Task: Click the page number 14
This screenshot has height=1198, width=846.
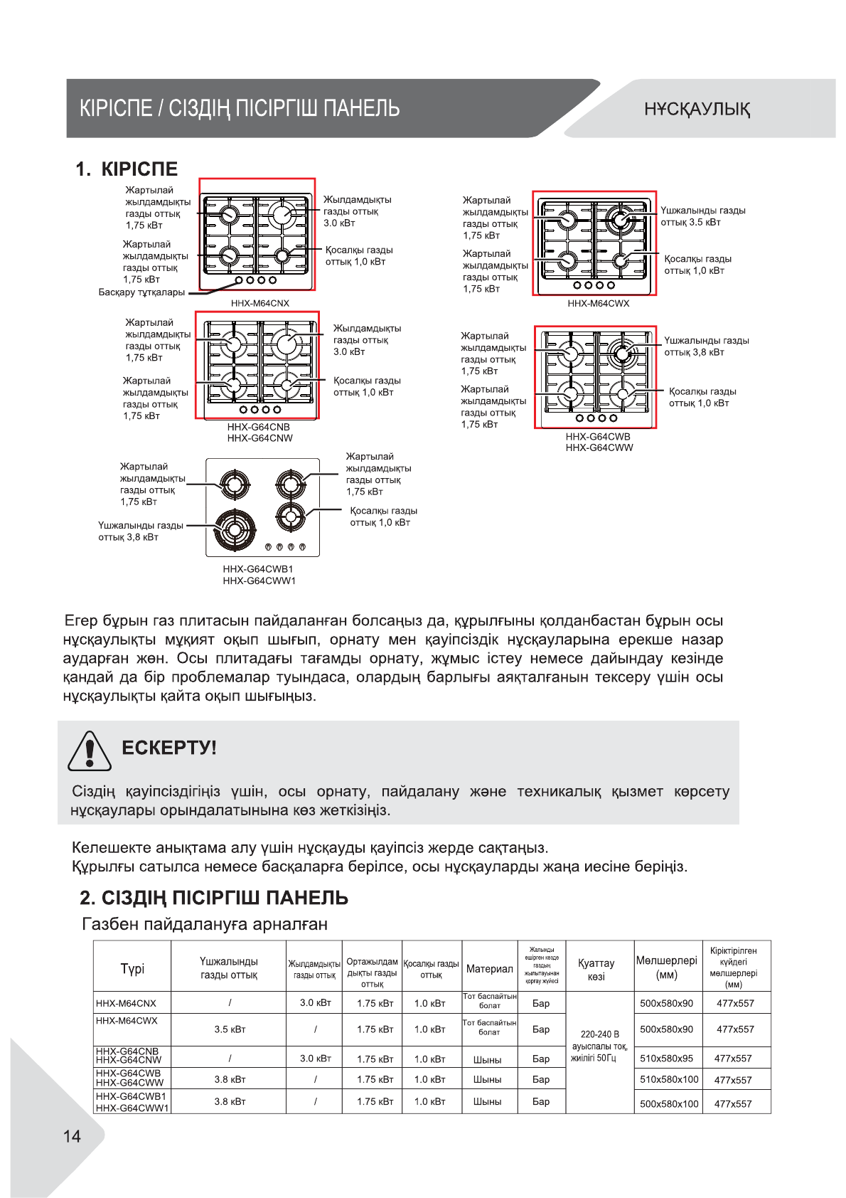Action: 73,1136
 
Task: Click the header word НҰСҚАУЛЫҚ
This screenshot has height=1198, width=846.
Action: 697,109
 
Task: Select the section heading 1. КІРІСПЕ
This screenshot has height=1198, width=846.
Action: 127,169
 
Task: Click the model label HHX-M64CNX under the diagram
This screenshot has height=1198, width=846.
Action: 259,303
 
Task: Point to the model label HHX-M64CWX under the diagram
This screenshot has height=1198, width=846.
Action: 598,303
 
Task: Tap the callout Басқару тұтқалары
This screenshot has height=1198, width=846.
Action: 141,292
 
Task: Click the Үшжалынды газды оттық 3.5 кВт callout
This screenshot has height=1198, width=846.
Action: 702,216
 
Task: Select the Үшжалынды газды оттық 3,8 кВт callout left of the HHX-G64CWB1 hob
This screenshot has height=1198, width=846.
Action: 140,531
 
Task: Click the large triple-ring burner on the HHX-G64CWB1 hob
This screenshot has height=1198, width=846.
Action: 234,529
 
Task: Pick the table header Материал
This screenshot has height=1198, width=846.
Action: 489,968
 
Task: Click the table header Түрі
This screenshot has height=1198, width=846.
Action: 132,968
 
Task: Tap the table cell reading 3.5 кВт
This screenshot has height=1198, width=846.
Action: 230,1029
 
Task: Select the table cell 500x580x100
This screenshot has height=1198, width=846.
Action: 669,1103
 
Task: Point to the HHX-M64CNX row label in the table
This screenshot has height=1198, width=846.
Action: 126,1003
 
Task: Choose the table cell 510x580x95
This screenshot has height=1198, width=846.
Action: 666,1058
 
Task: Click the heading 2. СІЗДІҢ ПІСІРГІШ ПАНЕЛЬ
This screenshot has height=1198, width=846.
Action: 213,898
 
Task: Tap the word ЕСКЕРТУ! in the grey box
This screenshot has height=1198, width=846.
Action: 168,748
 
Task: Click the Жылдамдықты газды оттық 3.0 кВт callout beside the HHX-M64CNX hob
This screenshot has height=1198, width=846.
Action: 357,211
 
